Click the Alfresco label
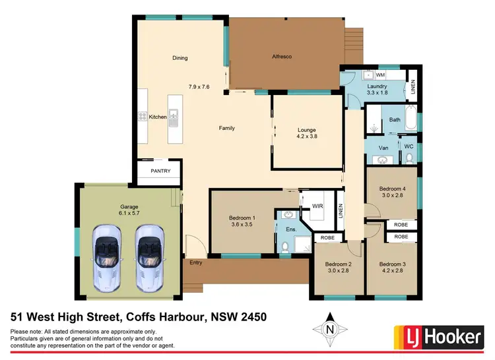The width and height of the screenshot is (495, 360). click(x=282, y=57)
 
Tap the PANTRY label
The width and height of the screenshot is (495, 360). click(x=160, y=171)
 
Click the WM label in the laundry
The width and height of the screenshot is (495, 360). click(x=380, y=76)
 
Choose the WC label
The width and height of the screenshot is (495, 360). click(x=409, y=146)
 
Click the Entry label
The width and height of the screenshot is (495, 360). click(x=196, y=262)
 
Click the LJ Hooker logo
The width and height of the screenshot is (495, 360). click(x=438, y=336)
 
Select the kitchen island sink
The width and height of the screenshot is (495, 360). click(x=174, y=118)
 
